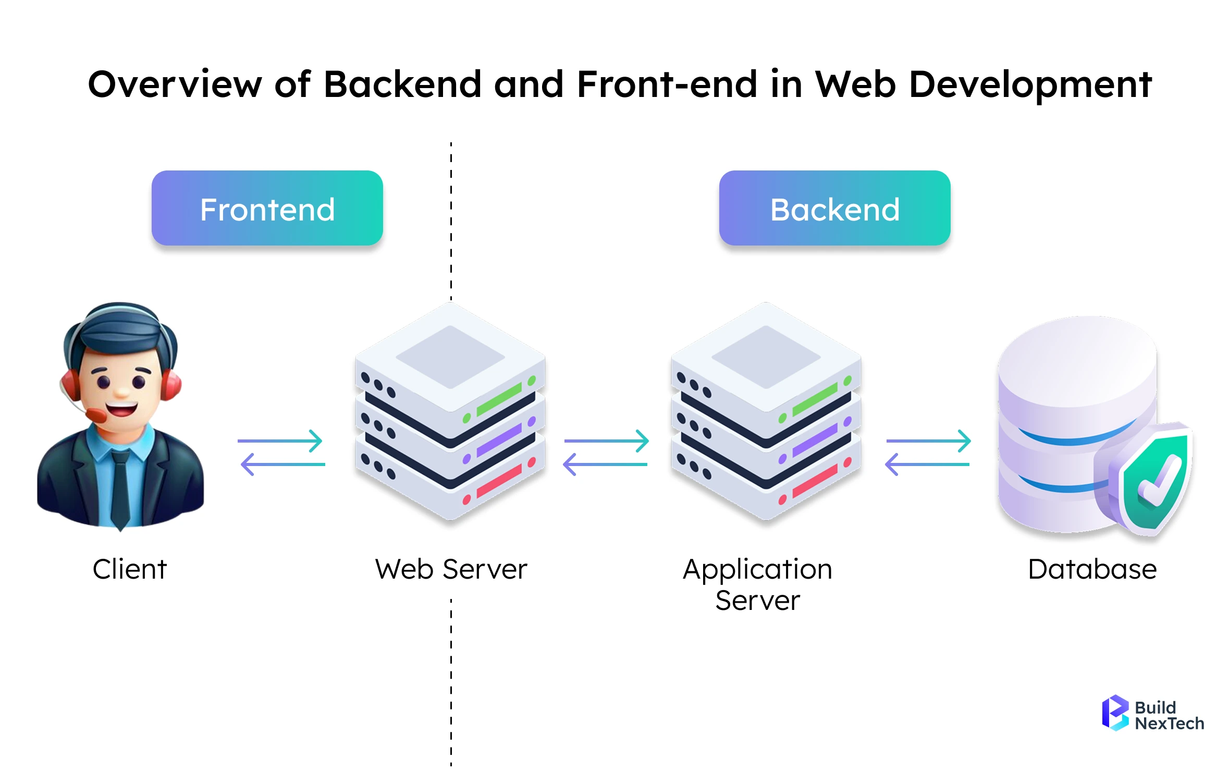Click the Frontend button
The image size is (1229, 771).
267,209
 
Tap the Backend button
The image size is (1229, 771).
834,209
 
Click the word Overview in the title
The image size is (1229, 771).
175,84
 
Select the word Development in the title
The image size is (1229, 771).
1030,84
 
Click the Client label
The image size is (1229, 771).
130,569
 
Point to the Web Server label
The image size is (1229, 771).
451,569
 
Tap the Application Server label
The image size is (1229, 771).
757,584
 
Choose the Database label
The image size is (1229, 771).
1092,569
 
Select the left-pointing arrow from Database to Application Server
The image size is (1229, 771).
927,464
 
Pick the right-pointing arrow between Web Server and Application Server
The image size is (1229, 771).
607,441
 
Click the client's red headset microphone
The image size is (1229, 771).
96,415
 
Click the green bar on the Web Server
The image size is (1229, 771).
499,400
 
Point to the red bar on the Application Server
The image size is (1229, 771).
815,482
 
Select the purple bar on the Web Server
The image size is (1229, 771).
499,440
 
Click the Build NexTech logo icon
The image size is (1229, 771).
1115,713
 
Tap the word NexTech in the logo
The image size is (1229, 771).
1169,724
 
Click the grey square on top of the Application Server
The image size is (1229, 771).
766,357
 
